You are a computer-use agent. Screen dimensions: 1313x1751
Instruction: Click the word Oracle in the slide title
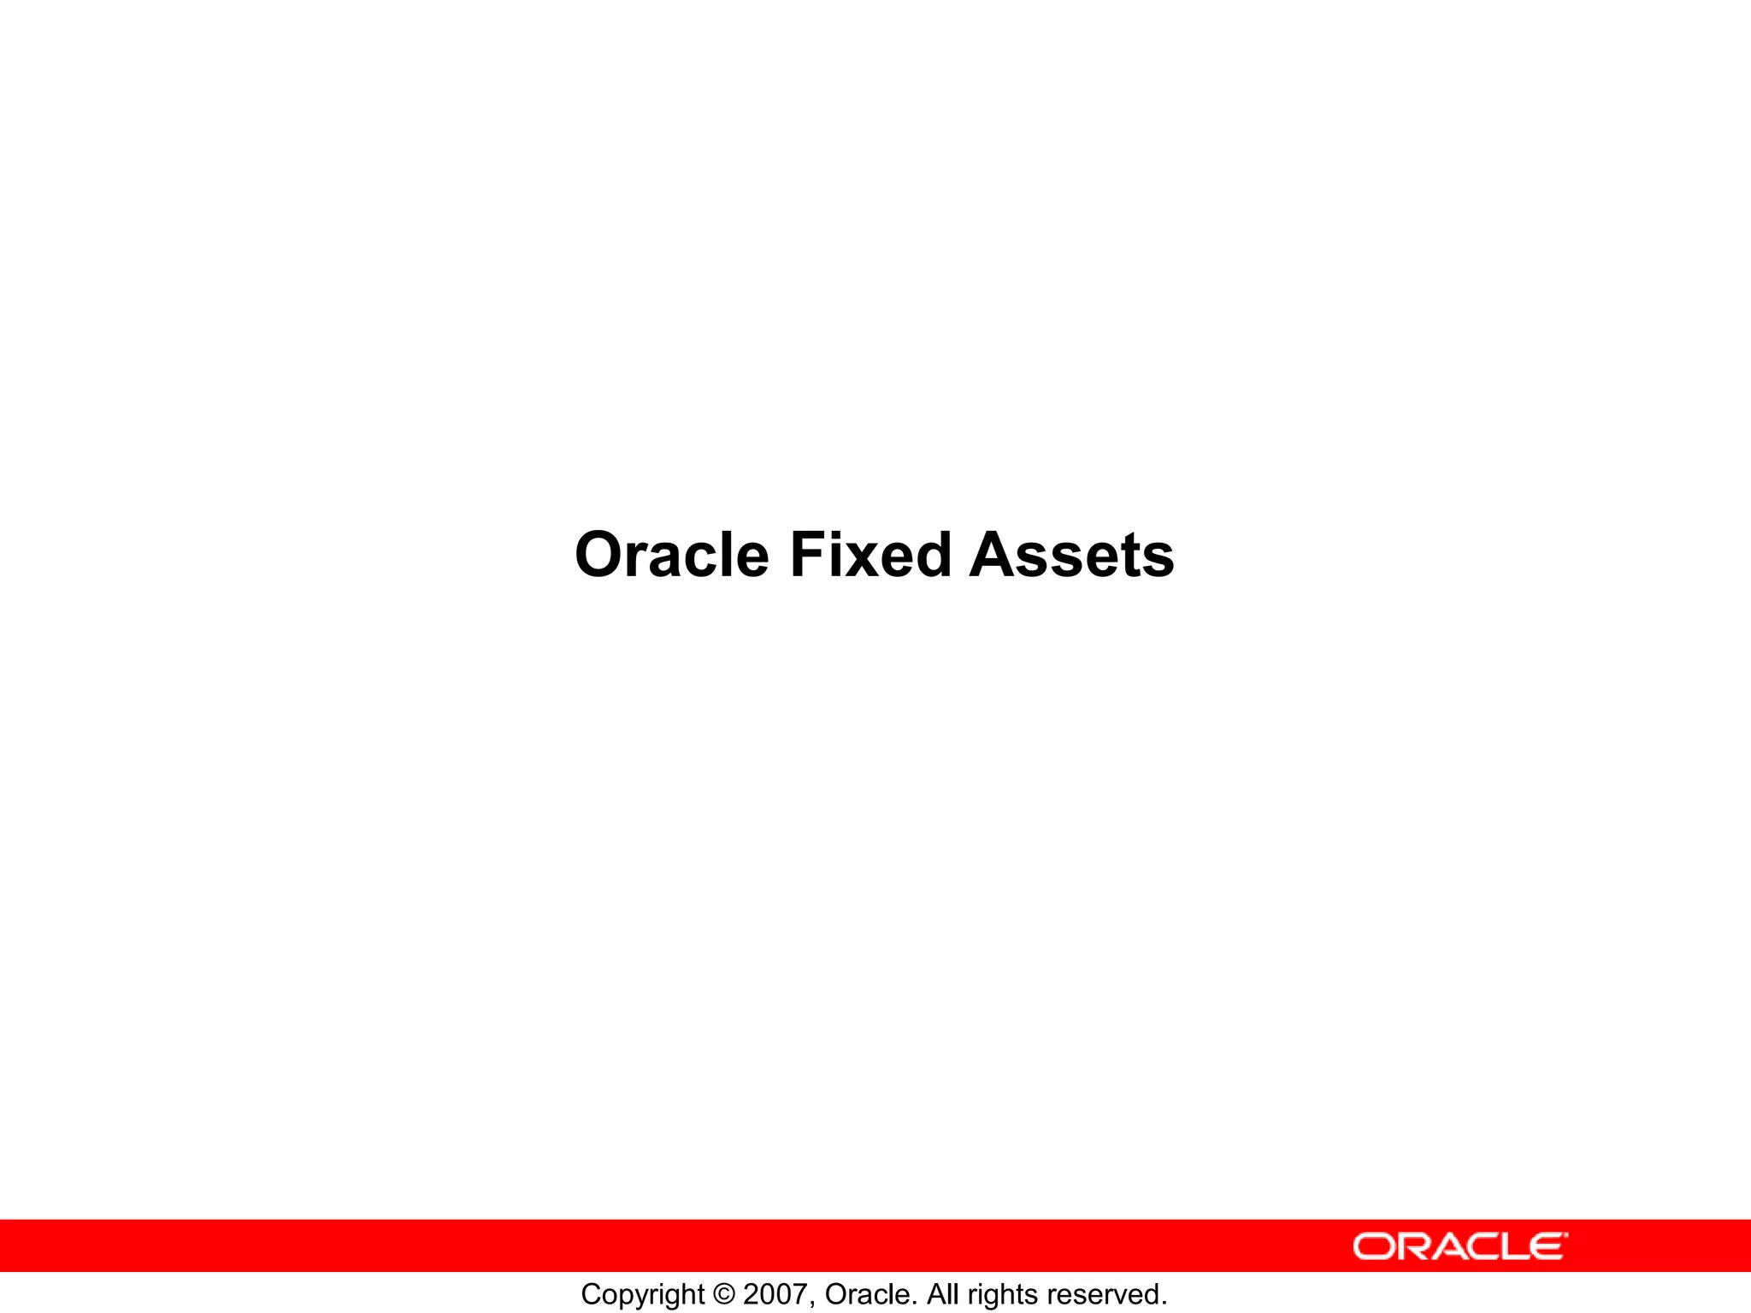pyautogui.click(x=672, y=555)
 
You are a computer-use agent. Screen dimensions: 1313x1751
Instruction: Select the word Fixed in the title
pyautogui.click(x=870, y=555)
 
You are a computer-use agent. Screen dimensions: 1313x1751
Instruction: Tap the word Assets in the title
pyautogui.click(x=1072, y=555)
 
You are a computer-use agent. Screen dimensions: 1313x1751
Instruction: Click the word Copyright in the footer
pyautogui.click(x=642, y=1295)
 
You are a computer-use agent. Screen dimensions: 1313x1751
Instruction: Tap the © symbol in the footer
pyautogui.click(x=723, y=1294)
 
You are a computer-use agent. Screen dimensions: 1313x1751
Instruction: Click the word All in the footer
pyautogui.click(x=943, y=1294)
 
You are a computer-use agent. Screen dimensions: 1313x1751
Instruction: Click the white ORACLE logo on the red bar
pyautogui.click(x=1459, y=1246)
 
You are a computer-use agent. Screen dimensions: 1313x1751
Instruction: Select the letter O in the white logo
pyautogui.click(x=1373, y=1246)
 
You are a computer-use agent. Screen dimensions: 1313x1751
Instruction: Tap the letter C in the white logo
pyautogui.click(x=1492, y=1246)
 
